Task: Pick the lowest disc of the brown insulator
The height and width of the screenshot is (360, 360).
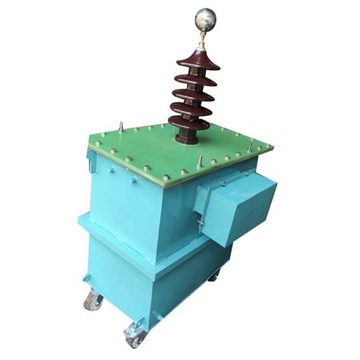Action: click(x=190, y=125)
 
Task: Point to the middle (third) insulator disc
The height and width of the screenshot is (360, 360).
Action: click(x=191, y=93)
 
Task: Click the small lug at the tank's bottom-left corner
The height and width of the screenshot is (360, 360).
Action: click(x=85, y=283)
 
